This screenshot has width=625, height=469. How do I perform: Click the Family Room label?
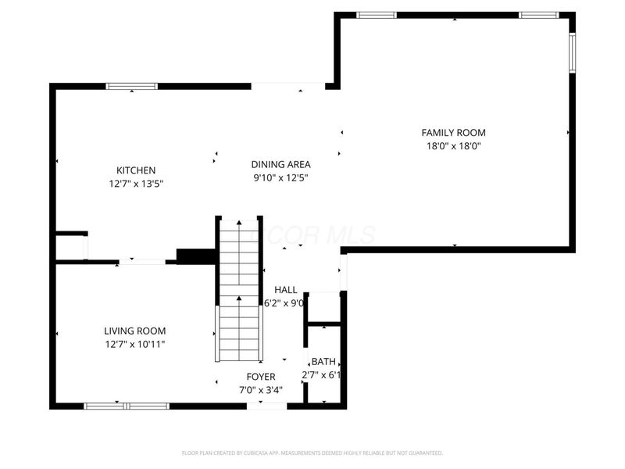tap(453, 133)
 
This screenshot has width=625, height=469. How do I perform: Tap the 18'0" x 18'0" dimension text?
tap(453, 146)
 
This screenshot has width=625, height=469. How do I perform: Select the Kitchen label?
tap(136, 170)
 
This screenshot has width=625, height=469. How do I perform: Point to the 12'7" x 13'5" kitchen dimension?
tap(136, 184)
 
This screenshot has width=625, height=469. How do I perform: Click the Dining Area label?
tap(280, 164)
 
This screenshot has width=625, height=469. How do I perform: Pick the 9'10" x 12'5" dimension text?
tap(280, 177)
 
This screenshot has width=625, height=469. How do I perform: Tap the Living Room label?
tap(135, 331)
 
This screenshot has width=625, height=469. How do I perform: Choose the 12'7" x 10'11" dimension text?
tap(135, 344)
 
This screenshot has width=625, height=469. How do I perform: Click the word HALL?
tap(285, 290)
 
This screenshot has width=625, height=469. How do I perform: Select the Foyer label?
tap(261, 377)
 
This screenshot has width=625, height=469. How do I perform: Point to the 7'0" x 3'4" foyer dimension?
tap(261, 389)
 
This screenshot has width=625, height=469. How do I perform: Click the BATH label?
tap(323, 362)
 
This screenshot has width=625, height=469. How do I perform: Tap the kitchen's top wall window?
tap(131, 86)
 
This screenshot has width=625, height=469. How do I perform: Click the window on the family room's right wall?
tap(572, 52)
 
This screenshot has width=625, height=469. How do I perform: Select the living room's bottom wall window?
tap(127, 405)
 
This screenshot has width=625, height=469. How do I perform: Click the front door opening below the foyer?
tap(266, 405)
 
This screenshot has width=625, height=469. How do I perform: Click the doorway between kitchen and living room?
tap(141, 261)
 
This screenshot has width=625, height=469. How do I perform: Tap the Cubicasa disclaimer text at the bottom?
tap(312, 453)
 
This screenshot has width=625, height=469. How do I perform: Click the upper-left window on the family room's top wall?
tap(377, 15)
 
